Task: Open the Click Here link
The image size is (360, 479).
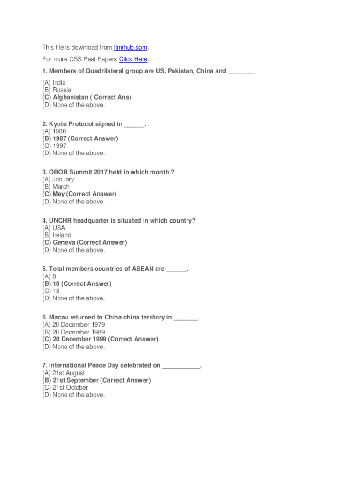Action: pos(133,59)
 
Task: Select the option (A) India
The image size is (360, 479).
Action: pos(54,83)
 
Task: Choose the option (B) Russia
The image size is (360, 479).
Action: pos(57,90)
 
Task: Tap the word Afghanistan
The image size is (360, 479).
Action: pos(72,97)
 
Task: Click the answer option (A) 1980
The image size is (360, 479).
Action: pos(54,131)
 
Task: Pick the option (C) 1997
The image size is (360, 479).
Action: pos(54,146)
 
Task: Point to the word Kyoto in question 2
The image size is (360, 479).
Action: pos(58,124)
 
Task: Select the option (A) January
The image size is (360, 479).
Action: pos(58,179)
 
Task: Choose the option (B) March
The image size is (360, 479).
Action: pos(56,187)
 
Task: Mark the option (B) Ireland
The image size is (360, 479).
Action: pos(57,235)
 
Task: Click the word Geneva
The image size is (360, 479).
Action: pos(64,242)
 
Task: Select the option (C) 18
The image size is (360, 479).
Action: pos(51,291)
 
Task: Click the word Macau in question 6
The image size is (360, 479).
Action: pos(59,317)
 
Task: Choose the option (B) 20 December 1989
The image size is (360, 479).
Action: pos(73,332)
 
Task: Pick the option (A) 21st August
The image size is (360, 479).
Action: pos(63,373)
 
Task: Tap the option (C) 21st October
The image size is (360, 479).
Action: pos(65,388)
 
